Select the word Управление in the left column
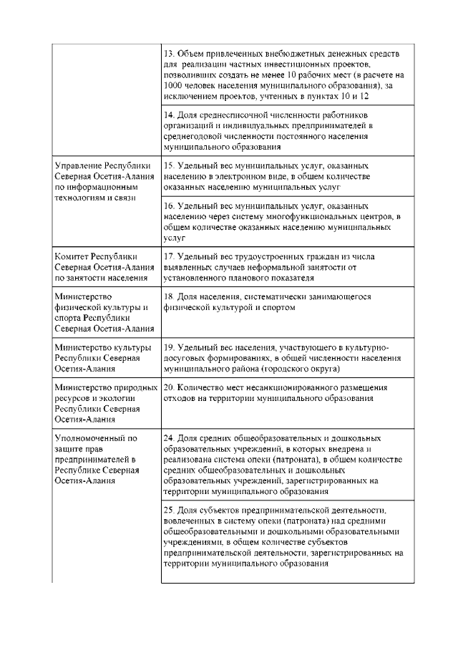pos(80,165)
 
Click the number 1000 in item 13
pos(175,84)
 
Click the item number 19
pos(169,347)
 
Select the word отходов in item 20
pos(180,397)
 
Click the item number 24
pos(169,437)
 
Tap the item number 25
pos(169,508)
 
